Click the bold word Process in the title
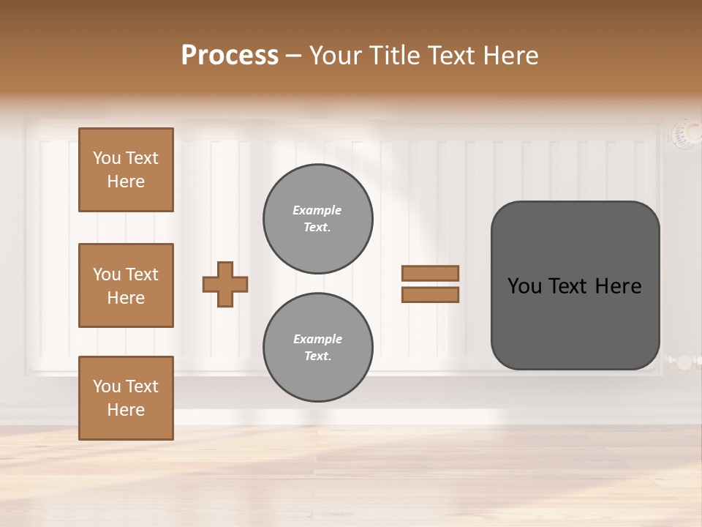pyautogui.click(x=230, y=56)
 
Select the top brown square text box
pyautogui.click(x=126, y=170)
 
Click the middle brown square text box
pyautogui.click(x=126, y=285)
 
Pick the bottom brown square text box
pyautogui.click(x=126, y=398)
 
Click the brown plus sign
pyautogui.click(x=225, y=284)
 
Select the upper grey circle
pyautogui.click(x=317, y=219)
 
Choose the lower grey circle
pyautogui.click(x=317, y=348)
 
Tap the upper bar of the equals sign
pyautogui.click(x=430, y=273)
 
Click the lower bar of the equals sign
pyautogui.click(x=430, y=295)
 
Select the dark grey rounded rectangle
pyautogui.click(x=575, y=285)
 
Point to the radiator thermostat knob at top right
pyautogui.click(x=686, y=134)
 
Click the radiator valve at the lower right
pyautogui.click(x=683, y=362)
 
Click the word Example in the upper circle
pyautogui.click(x=317, y=210)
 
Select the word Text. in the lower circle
pyautogui.click(x=317, y=356)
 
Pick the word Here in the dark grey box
pyautogui.click(x=618, y=286)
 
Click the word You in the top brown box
pyautogui.click(x=107, y=158)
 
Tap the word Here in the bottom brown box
pyautogui.click(x=126, y=410)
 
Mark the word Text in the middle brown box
pyautogui.click(x=142, y=274)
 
